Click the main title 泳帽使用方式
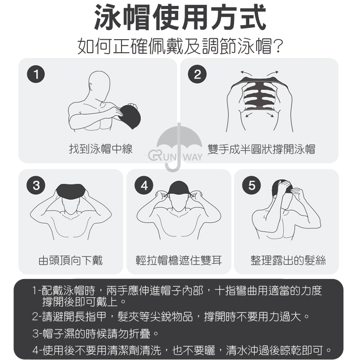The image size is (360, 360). tap(180, 18)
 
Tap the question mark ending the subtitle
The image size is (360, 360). tap(278, 46)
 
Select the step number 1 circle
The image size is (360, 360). tap(36, 74)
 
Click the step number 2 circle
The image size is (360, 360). tap(197, 74)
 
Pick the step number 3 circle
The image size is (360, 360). tap(36, 185)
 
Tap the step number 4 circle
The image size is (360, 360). tap(144, 185)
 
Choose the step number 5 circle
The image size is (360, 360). tap(252, 185)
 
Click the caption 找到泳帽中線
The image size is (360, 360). tap(101, 149)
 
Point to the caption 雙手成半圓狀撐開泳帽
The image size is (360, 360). tap(261, 149)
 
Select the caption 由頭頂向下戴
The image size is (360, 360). tap(71, 260)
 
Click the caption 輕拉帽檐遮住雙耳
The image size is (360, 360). tap(179, 260)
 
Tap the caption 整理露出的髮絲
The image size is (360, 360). tap(288, 260)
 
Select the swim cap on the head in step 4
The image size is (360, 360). tap(179, 188)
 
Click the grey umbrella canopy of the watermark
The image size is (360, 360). tap(179, 138)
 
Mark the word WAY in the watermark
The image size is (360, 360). tap(193, 157)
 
